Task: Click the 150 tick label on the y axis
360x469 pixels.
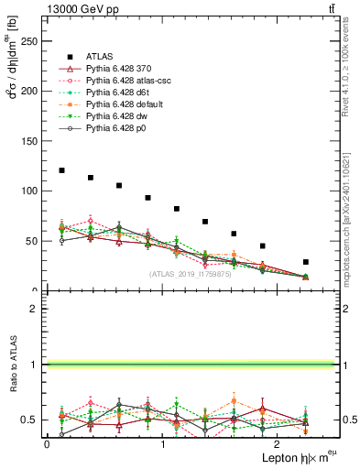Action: pos(31,141)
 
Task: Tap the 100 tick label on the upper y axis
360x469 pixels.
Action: pos(31,191)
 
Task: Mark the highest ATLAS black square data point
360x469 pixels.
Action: pos(61,170)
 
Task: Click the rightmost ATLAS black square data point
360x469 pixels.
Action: pos(306,262)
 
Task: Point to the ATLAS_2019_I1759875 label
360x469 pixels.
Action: pos(189,274)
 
